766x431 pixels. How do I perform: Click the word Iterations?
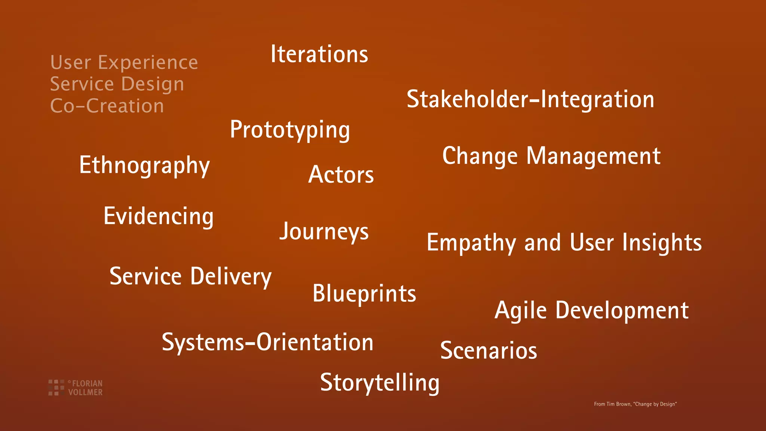pyautogui.click(x=319, y=54)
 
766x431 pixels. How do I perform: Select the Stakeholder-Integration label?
pyautogui.click(x=530, y=100)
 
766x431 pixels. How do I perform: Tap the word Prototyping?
pyautogui.click(x=290, y=130)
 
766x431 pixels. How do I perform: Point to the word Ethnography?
pyautogui.click(x=144, y=165)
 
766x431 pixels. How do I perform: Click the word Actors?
pyautogui.click(x=341, y=175)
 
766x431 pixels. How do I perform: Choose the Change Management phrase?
pyautogui.click(x=551, y=156)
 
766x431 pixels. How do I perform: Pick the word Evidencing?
pyautogui.click(x=159, y=216)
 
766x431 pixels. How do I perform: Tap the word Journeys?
pyautogui.click(x=324, y=232)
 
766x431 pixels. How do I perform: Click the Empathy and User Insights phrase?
pyautogui.click(x=564, y=243)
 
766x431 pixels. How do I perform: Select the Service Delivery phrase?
pyautogui.click(x=190, y=276)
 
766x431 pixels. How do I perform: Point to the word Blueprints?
pyautogui.click(x=364, y=293)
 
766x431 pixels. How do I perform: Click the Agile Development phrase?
pyautogui.click(x=591, y=311)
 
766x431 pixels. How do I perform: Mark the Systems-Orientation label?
pyautogui.click(x=267, y=342)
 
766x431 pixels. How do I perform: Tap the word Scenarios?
pyautogui.click(x=488, y=351)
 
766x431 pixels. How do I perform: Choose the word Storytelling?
pyautogui.click(x=380, y=383)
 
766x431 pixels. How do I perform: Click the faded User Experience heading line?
pyautogui.click(x=124, y=62)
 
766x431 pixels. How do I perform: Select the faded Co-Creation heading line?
pyautogui.click(x=107, y=106)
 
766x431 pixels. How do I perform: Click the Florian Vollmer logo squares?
pyautogui.click(x=56, y=387)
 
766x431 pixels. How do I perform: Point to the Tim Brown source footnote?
pyautogui.click(x=635, y=404)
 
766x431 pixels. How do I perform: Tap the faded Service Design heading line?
pyautogui.click(x=117, y=84)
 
